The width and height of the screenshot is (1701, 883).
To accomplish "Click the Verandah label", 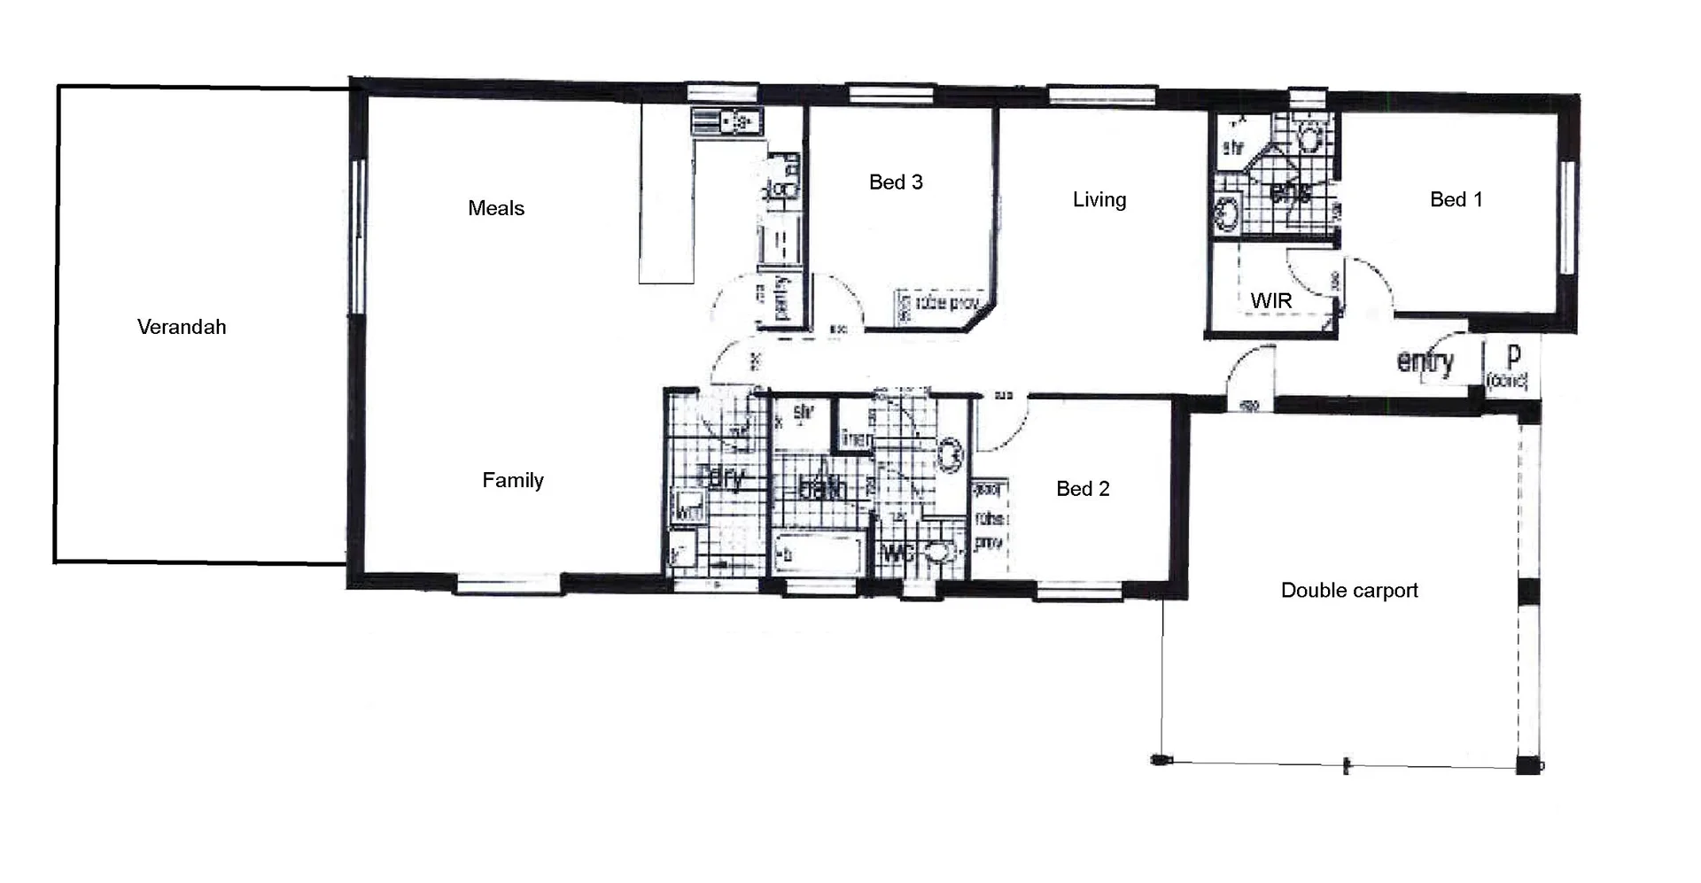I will point(182,327).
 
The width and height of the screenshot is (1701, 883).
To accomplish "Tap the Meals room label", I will point(496,208).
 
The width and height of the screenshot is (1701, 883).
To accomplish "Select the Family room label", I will point(512,480).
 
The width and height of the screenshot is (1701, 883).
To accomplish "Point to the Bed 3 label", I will point(896,182).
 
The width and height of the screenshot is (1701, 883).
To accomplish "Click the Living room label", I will point(1099,200).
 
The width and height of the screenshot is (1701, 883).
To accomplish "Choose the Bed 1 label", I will point(1456,200).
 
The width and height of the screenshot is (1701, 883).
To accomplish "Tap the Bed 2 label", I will point(1083,489).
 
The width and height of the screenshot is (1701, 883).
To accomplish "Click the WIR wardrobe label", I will point(1270,301).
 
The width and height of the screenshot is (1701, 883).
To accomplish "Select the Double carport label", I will point(1348,591).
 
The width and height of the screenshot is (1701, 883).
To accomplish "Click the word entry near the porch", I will point(1425,361).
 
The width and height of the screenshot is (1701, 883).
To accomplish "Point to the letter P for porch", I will point(1513,355).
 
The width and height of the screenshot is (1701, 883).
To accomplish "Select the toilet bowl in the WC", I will point(941,552).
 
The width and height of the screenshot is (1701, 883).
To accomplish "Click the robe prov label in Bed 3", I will point(945,304).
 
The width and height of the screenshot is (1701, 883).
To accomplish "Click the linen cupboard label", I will point(856,438).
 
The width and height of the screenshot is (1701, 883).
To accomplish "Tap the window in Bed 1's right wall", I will point(1566,216).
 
